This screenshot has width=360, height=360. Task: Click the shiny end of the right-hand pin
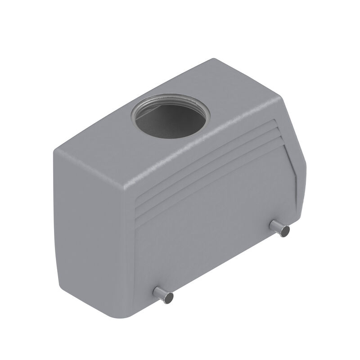tap(285, 231)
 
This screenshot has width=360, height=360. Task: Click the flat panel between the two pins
tap(216, 238)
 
